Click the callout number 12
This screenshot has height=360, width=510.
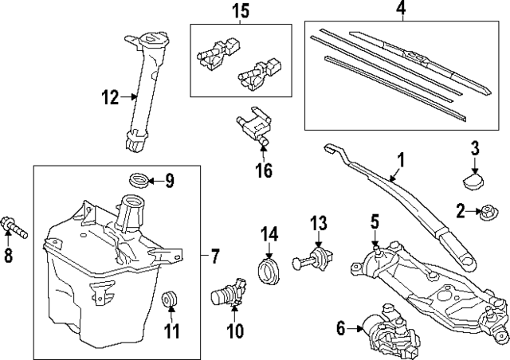[x=109, y=99]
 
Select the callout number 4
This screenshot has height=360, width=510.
[x=401, y=10]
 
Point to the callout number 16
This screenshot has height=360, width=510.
[x=264, y=170]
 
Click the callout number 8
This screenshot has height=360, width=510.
[x=9, y=256]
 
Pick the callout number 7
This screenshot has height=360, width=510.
[x=214, y=256]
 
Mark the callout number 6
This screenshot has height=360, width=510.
[x=340, y=327]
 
